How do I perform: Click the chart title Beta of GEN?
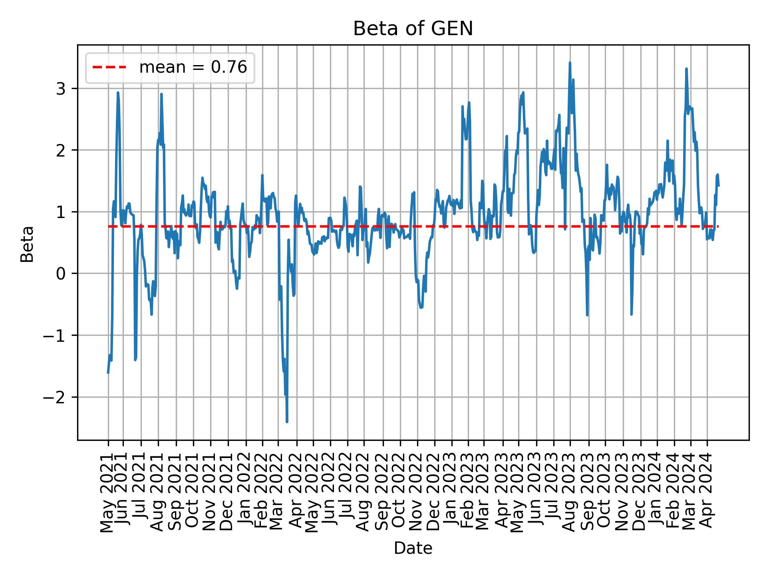[x=413, y=29]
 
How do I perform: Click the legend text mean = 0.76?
[x=193, y=67]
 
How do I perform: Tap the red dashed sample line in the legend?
[x=109, y=67]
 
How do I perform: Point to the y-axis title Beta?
[x=27, y=244]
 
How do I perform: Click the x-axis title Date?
[x=413, y=548]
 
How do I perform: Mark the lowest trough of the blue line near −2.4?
[x=287, y=422]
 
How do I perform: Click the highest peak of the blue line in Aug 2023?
[x=570, y=63]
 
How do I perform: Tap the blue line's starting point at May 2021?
[x=108, y=373]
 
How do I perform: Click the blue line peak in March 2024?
[x=686, y=69]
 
